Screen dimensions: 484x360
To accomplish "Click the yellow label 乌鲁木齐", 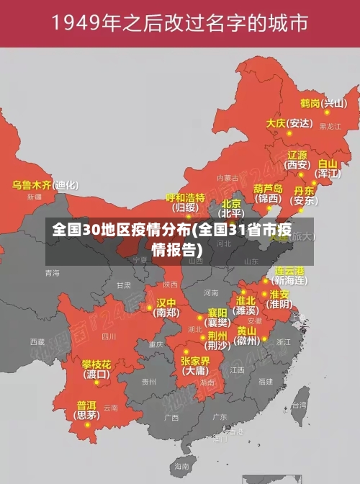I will tap(32, 185).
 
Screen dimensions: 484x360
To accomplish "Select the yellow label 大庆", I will tap(276, 123).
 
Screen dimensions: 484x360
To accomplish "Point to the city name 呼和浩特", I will tap(186, 197).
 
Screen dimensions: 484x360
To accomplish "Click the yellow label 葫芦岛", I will tap(268, 188).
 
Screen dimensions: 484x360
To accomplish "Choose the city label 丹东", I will tap(305, 191).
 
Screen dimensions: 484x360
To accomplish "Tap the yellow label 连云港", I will tap(290, 271).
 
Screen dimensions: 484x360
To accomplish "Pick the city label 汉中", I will tap(166, 302).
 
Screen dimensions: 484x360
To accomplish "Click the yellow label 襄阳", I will tap(217, 313).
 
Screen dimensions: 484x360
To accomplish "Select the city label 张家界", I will tap(195, 361).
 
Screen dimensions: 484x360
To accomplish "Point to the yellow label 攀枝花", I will tap(96, 364).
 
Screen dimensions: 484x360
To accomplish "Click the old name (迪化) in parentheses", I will tap(67, 185).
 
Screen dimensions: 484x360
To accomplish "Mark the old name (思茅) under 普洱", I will tap(87, 416).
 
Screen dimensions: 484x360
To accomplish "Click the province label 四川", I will tap(109, 336).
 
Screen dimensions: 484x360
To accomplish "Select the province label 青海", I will tap(52, 273).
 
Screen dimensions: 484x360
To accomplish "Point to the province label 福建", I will tap(266, 381).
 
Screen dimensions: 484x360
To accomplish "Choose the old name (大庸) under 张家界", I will tap(194, 371).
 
